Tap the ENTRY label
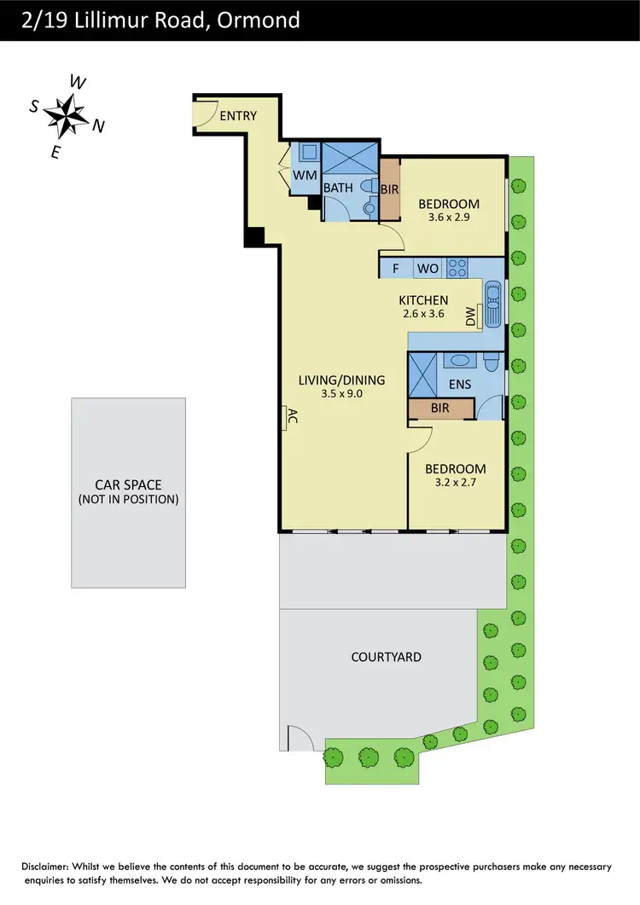238,116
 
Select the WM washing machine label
305,175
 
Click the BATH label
338,187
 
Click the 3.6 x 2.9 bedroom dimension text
449,218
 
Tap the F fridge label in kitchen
396,269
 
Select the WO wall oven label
428,269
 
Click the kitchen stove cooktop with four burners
457,268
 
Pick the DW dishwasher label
470,316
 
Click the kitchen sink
493,305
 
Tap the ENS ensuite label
460,385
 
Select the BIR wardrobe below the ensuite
440,409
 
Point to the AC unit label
291,417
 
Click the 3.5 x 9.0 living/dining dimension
341,394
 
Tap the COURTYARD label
387,657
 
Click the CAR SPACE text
128,484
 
